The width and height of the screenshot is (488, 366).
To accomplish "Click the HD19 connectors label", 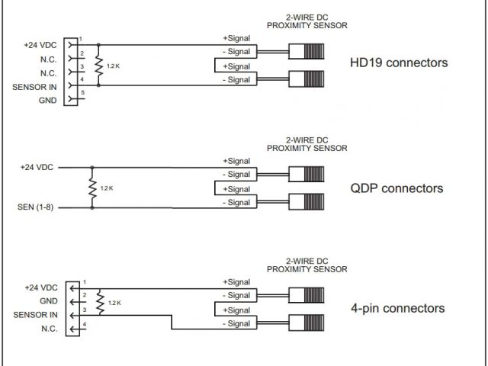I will coord(398,63).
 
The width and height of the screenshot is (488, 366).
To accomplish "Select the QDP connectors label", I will coord(396,188).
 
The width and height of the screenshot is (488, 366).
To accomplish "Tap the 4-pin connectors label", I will coord(397,308).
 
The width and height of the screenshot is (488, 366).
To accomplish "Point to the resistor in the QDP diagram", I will coord(92,187).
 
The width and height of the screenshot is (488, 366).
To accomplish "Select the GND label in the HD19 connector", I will coord(48,100).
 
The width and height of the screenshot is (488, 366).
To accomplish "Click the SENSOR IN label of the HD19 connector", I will coord(35,86).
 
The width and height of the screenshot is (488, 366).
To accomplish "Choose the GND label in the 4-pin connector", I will coord(48,301).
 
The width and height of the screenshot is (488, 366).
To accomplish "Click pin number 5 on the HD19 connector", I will coord(82,93).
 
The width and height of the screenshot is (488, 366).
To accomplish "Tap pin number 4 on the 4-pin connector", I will coord(84,325).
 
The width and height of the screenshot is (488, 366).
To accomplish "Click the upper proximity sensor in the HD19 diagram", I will coord(306,52).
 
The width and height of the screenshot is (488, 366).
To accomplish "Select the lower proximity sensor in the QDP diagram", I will coord(306,202).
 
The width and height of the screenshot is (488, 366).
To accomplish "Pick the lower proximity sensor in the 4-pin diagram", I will coord(306,323).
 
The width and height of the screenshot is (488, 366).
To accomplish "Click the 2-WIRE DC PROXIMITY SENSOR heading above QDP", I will coord(307,144).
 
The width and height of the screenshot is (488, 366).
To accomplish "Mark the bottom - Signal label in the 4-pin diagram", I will coord(236,324).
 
